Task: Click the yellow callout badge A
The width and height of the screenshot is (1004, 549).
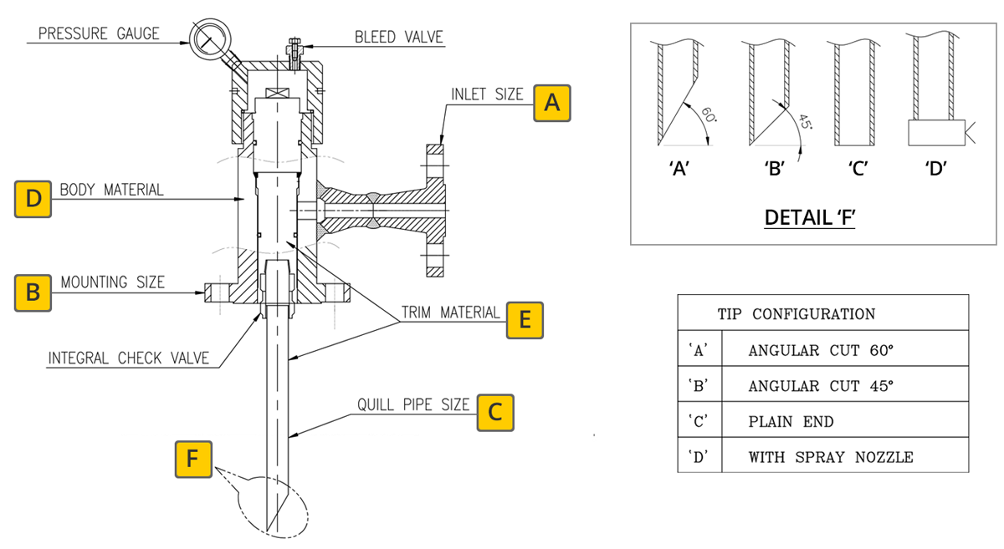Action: click(551, 103)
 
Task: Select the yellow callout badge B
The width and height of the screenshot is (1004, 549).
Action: click(33, 292)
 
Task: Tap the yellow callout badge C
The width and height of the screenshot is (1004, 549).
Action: click(495, 413)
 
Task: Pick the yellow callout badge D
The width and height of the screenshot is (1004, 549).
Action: click(33, 199)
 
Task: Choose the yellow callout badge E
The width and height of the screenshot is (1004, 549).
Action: click(525, 320)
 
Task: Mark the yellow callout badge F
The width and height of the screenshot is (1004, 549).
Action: click(193, 459)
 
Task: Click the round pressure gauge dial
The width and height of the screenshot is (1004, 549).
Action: click(210, 39)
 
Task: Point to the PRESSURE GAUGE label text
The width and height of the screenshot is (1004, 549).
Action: click(99, 33)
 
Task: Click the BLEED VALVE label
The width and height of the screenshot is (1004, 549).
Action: click(398, 37)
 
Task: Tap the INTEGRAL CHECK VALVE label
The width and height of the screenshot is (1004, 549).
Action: click(129, 358)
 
